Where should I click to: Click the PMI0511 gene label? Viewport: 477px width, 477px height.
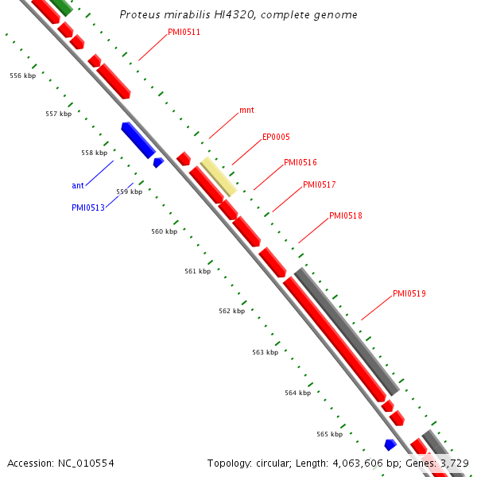184,33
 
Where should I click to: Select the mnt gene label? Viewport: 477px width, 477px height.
246,111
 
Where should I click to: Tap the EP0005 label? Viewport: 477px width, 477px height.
276,137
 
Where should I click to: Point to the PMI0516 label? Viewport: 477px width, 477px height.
300,162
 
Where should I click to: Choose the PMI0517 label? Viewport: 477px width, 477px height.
319,184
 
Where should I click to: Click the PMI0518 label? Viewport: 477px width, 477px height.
346,215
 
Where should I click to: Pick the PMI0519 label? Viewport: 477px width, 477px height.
409,293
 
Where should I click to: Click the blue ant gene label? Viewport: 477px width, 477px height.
78,185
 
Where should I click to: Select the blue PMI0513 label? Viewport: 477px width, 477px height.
87,207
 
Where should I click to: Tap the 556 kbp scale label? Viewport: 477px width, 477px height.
22,76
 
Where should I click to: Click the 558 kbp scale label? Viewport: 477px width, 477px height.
94,153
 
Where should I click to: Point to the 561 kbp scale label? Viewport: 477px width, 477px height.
197,271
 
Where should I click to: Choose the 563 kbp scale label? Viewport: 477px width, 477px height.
265,352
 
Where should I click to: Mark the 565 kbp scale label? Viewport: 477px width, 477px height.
329,434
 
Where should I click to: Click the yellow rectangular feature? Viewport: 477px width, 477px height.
218,176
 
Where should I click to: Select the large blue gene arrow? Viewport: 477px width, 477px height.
138,139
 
